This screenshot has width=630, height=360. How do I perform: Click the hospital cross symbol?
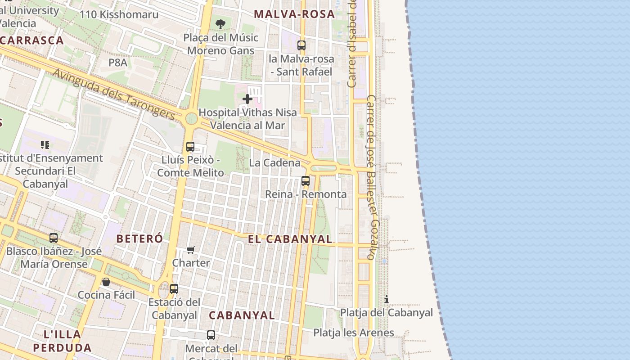[x=247, y=99]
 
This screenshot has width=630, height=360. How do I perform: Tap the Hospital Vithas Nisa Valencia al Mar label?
[x=247, y=119]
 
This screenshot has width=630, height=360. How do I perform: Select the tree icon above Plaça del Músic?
[x=220, y=24]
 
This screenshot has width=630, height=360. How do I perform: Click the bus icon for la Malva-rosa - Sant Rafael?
[x=301, y=45]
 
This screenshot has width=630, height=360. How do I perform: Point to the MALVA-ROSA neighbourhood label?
[x=294, y=14]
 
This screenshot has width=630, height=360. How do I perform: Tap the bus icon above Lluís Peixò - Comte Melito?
[x=190, y=147]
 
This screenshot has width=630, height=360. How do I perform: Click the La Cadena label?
[x=274, y=162]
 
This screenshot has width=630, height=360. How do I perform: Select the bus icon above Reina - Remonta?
[x=306, y=181]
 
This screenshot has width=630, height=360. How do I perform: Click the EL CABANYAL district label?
[x=290, y=239]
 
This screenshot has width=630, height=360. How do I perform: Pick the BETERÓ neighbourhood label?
[x=139, y=238]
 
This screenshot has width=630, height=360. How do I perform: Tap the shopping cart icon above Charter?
[x=191, y=250]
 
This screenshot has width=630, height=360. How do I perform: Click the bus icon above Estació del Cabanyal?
[x=174, y=289]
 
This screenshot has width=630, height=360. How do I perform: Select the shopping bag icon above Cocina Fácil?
[x=106, y=282]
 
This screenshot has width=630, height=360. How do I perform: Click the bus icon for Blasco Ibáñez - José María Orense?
[x=54, y=238]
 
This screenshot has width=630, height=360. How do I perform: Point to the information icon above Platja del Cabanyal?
[x=386, y=299]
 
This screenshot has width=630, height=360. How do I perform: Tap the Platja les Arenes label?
[x=354, y=333]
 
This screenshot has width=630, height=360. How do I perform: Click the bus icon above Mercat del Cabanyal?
[x=211, y=335]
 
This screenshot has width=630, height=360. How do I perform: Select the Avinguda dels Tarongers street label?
[x=114, y=94]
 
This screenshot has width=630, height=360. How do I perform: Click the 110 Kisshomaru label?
[x=119, y=14]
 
